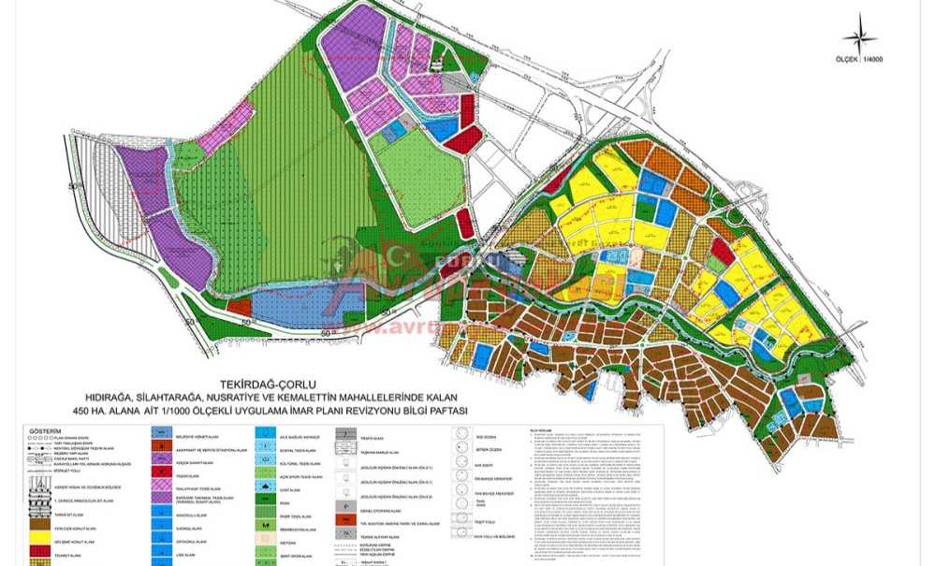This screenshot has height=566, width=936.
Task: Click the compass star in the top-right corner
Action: point(860,37)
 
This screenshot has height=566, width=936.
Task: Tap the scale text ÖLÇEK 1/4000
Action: point(860,60)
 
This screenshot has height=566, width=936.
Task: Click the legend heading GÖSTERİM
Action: point(46,431)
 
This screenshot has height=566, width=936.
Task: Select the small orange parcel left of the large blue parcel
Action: point(239,306)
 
